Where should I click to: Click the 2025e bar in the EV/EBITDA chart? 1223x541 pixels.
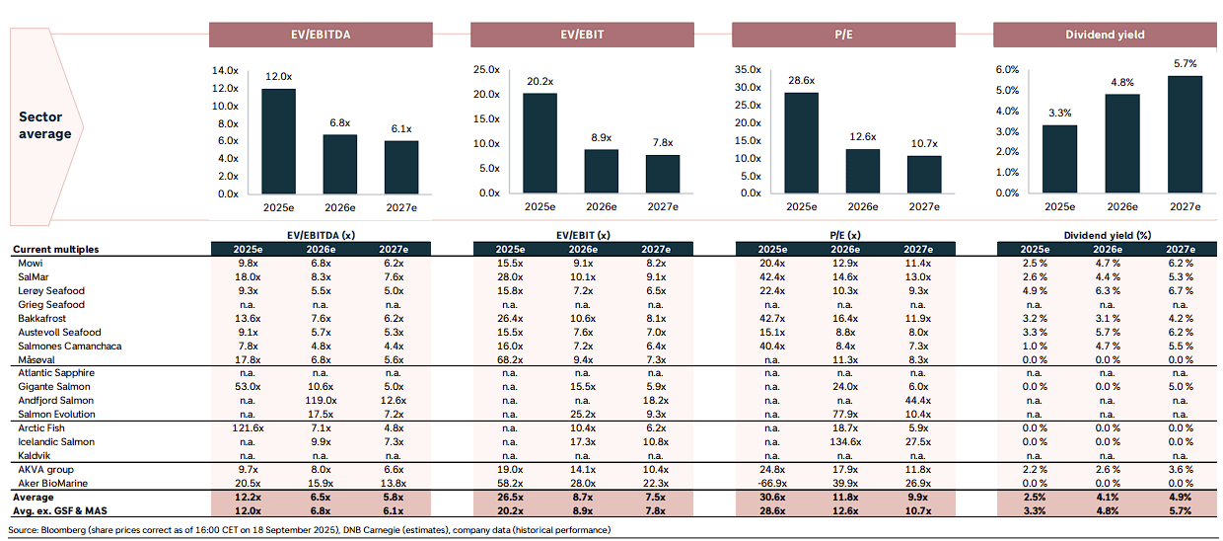coord(278,141)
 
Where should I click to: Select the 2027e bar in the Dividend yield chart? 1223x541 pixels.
coord(1185,134)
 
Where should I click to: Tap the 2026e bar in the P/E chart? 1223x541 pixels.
coord(863,171)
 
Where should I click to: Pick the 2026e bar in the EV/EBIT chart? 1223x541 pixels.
coord(601,171)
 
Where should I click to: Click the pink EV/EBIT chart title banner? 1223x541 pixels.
coord(582,35)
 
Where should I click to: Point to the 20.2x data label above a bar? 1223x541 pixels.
coord(540,81)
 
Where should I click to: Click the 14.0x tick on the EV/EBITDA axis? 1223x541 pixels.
coord(225,70)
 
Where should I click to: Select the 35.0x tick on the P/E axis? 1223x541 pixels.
coord(748,69)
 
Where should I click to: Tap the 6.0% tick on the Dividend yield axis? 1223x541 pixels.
coord(1007,69)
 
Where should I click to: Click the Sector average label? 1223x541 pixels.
coord(44,125)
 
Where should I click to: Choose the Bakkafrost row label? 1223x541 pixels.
coord(41,319)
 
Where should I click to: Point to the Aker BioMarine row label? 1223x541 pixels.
coord(52,483)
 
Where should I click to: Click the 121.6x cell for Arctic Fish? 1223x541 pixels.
coord(248,427)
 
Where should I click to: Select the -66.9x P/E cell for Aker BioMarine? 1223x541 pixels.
coord(772,483)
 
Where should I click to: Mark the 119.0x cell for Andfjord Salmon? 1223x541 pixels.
coord(321,401)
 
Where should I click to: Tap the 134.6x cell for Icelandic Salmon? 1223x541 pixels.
coord(845,441)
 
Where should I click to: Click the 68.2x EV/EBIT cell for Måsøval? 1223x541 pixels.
coord(510,359)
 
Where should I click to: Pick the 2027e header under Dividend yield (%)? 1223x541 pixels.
coord(1181,249)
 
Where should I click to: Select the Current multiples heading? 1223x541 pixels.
coord(55,249)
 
